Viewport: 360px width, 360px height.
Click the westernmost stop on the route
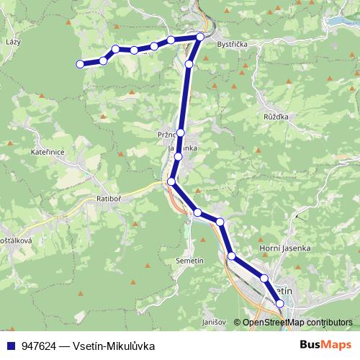[80, 65]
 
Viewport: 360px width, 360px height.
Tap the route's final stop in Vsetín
[280, 305]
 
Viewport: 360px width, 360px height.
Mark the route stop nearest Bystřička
[201, 36]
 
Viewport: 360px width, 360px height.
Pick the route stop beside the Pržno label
[181, 133]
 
